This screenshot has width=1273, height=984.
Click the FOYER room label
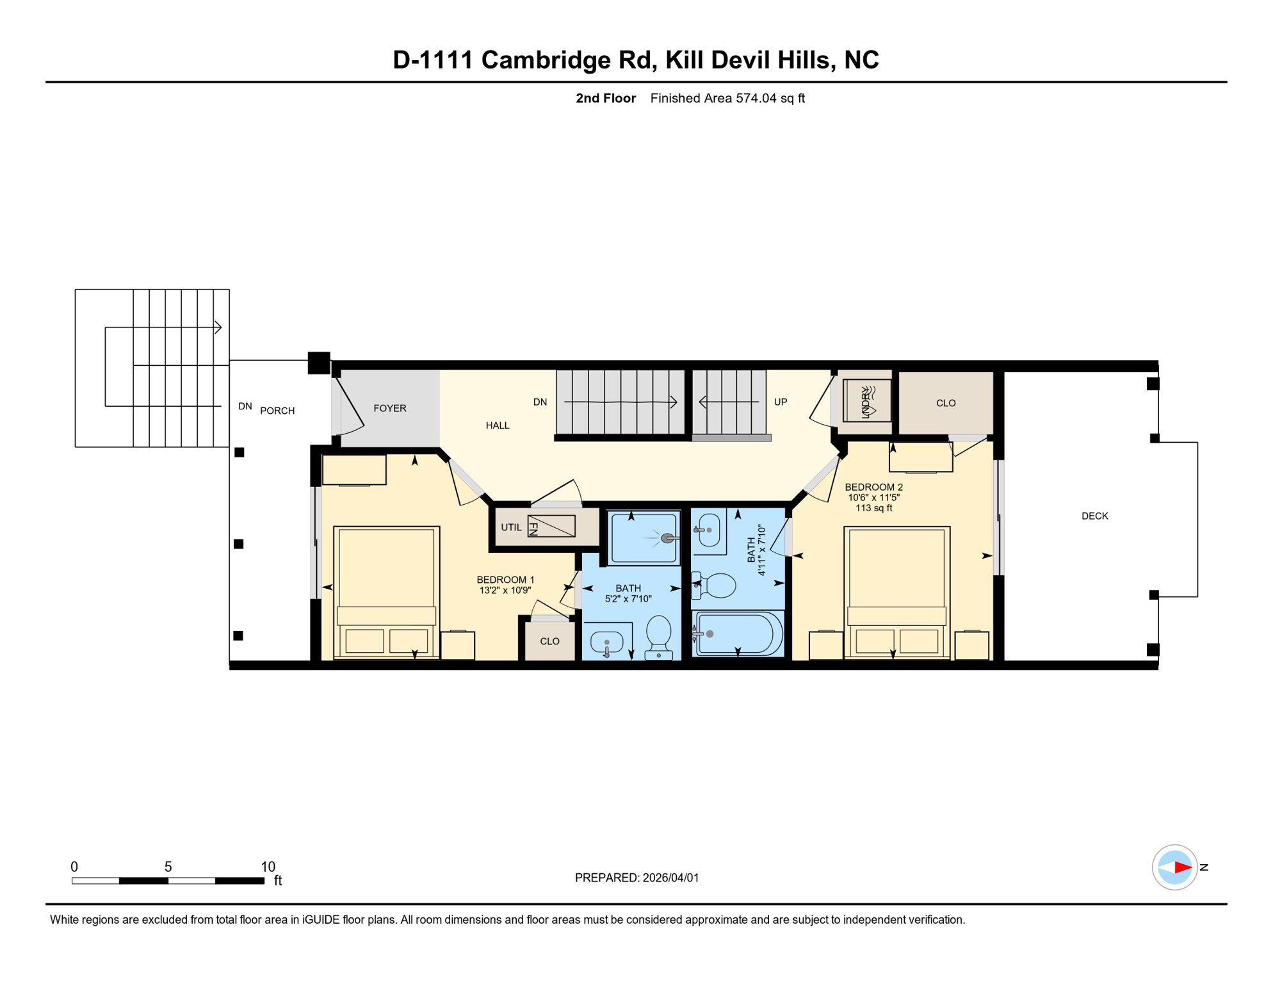[390, 408]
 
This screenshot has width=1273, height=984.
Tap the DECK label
[1094, 516]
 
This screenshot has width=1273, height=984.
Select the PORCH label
[277, 411]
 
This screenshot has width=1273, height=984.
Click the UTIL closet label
[511, 527]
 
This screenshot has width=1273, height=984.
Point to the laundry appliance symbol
[866, 400]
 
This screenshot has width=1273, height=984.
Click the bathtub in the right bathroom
[739, 634]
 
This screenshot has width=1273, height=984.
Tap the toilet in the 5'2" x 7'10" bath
[658, 637]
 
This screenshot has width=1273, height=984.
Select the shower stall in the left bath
[644, 538]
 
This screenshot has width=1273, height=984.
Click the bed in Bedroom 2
[896, 593]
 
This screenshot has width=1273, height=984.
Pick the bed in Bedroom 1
[387, 593]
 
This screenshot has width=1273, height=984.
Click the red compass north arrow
[1182, 867]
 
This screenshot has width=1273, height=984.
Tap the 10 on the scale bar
[268, 867]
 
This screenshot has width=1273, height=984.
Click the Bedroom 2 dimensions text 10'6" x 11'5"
[873, 497]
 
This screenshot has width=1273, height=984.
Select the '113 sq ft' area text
[873, 508]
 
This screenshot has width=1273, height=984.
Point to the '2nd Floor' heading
[606, 98]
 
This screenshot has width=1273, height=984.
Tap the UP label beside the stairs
[781, 402]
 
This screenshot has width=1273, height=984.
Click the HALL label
[498, 425]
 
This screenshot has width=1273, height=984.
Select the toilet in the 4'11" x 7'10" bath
[715, 586]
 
